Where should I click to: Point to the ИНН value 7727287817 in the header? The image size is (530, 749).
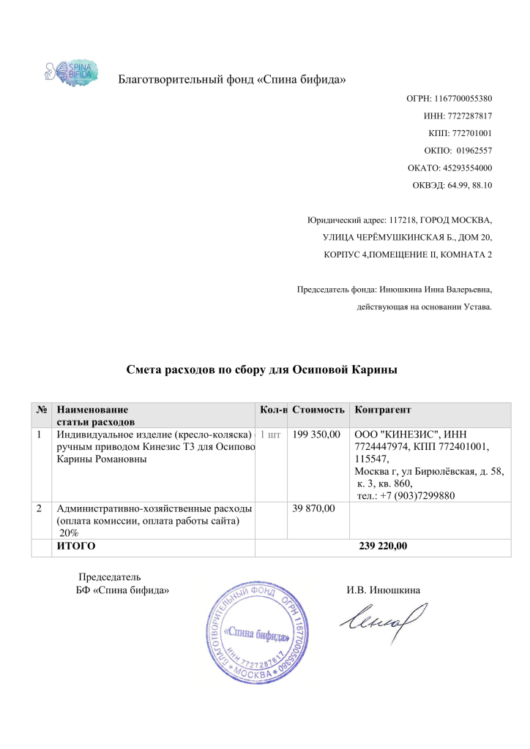point(469,116)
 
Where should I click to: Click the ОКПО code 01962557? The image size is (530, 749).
point(474,151)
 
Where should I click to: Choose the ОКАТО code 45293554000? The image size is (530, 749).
point(466,168)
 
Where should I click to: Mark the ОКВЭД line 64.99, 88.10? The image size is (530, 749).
point(472,186)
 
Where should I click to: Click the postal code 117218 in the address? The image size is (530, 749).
point(403,219)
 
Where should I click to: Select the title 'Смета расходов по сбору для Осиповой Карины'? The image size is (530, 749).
point(262,370)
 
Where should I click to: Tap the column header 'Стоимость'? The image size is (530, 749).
point(318,409)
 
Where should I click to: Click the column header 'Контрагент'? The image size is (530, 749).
point(383,409)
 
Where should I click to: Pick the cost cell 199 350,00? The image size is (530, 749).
point(316,435)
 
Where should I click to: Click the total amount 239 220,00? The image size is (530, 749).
point(384,546)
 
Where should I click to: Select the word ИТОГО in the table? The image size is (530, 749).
point(76,546)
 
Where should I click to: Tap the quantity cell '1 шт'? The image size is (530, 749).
point(270,435)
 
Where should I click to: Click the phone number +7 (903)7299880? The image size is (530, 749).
point(415,497)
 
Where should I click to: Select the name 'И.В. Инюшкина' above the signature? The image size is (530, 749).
point(384,590)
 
